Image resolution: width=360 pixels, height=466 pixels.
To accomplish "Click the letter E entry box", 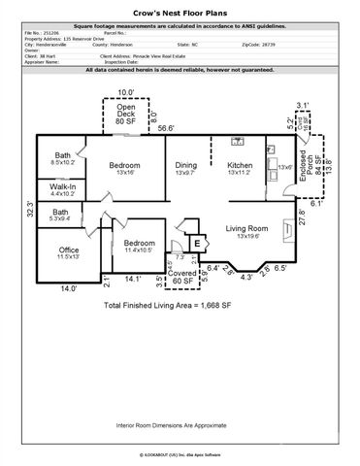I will coord(197,243).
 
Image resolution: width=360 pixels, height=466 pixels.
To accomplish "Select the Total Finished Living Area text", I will coord(180,305).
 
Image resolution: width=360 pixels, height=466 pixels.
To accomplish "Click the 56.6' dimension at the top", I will coord(166,127).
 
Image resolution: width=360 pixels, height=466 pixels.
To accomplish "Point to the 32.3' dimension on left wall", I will coord(28,207).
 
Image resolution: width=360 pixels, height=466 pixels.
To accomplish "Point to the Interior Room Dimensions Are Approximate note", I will coord(180,424).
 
